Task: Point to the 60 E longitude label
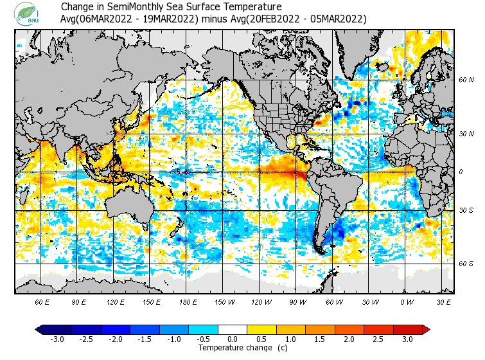43,302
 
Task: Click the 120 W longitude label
261,302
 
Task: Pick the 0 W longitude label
407,302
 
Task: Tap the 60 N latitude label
466,80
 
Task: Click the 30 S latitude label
466,211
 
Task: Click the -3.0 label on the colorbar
57,339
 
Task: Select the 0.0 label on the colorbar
233,339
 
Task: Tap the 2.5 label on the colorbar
378,339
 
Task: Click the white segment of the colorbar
233,329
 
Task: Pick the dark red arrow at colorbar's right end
426,329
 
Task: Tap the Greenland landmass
360,48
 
